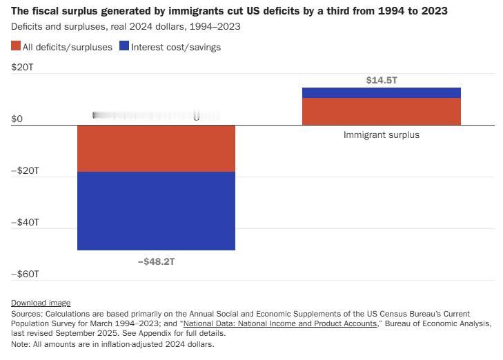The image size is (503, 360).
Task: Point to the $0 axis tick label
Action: (x=17, y=119)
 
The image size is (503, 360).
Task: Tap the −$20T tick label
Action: (x=25, y=171)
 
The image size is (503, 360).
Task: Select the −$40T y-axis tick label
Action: (x=25, y=223)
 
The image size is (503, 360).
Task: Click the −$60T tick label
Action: (x=25, y=274)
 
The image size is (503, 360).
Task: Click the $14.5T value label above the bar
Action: (x=382, y=81)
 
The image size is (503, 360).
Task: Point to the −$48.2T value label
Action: (x=157, y=262)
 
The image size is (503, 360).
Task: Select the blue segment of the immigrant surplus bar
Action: (x=382, y=93)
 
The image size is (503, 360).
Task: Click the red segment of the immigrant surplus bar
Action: (x=382, y=112)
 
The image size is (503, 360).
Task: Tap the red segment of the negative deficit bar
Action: (x=157, y=148)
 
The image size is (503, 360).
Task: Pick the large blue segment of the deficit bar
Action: (x=157, y=210)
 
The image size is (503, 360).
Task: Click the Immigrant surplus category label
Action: (x=382, y=135)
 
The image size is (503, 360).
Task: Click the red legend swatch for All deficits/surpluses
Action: (x=16, y=47)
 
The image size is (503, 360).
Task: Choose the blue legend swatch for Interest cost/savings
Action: (x=124, y=47)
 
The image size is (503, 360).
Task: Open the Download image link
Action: (x=41, y=303)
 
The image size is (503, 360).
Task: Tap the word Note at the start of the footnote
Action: (x=20, y=344)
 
